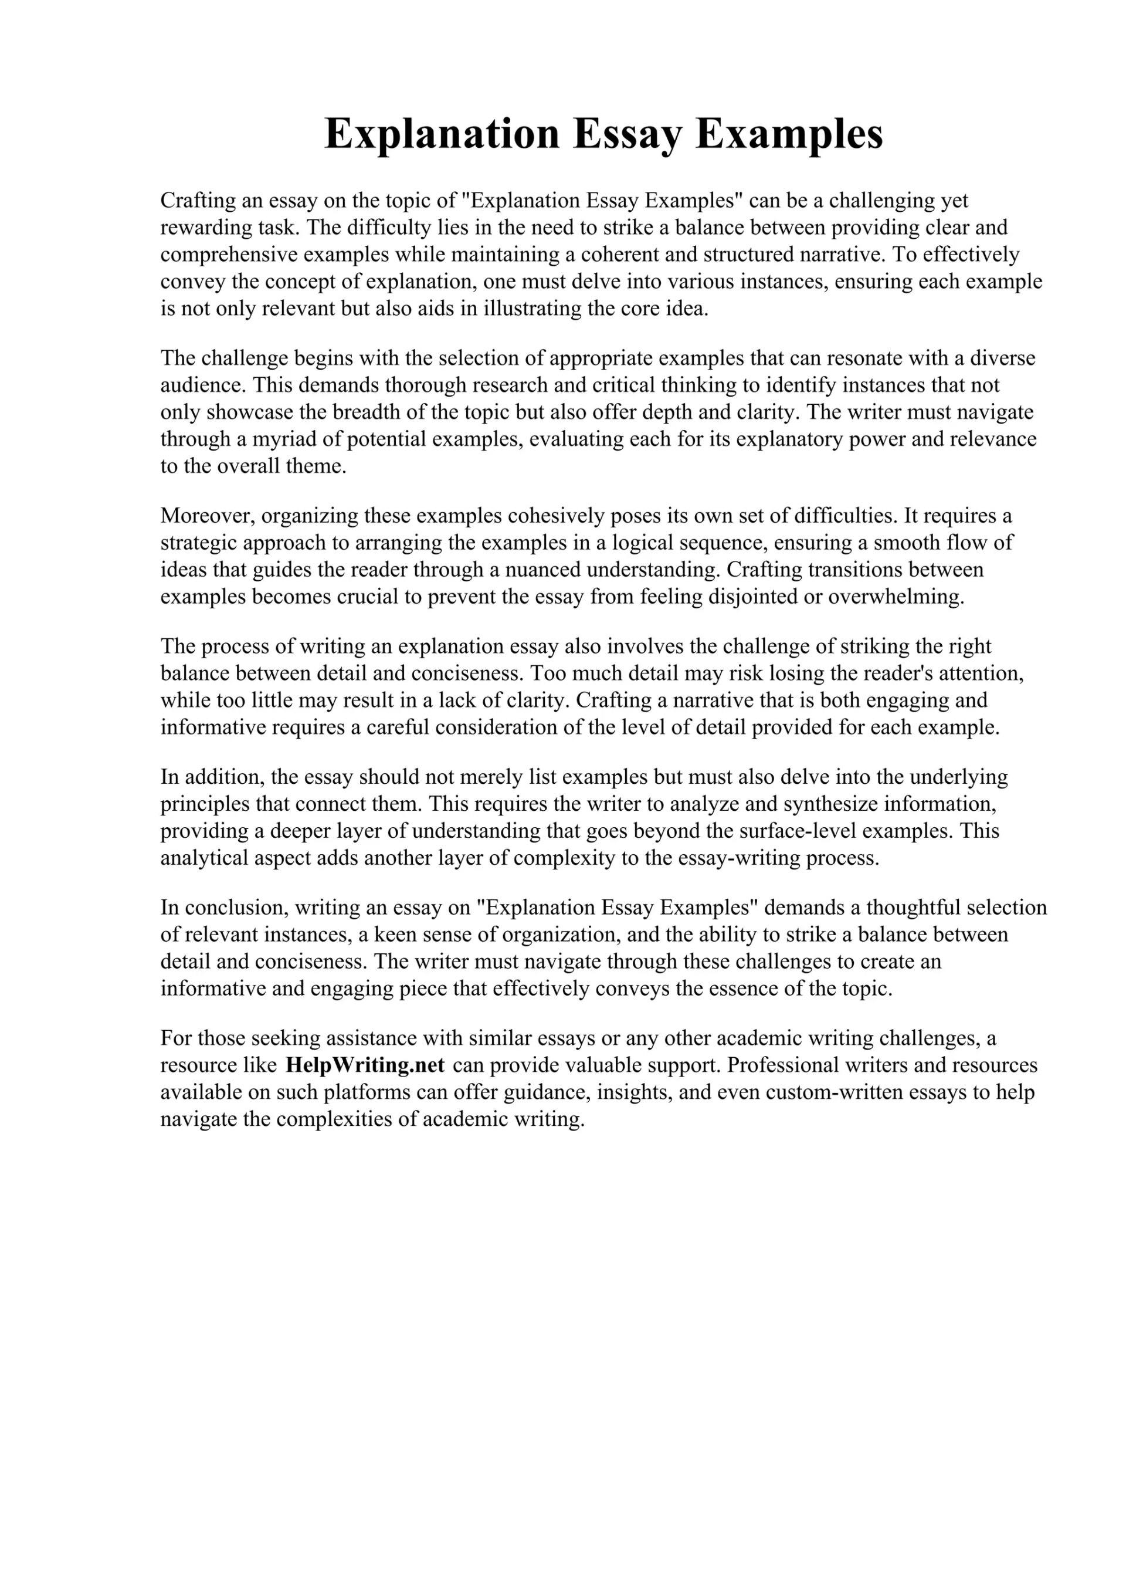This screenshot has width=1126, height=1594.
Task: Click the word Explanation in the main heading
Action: click(442, 133)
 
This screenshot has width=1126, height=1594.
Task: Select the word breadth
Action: click(367, 412)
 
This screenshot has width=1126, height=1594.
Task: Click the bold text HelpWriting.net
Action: click(364, 1065)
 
